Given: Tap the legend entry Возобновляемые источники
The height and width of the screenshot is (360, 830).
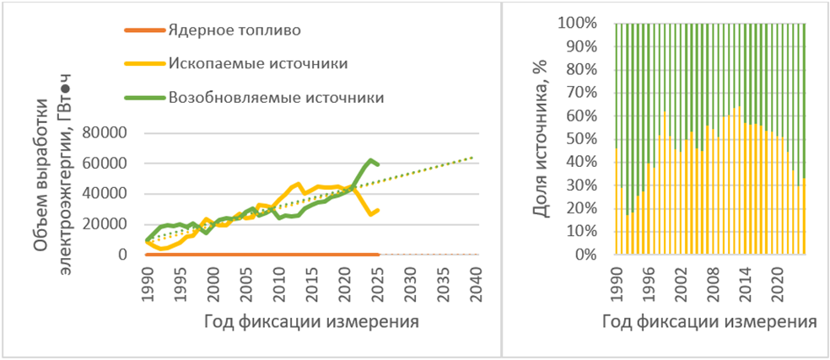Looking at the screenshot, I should pyautogui.click(x=277, y=97).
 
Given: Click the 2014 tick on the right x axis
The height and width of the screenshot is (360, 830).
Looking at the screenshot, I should pyautogui.click(x=745, y=279).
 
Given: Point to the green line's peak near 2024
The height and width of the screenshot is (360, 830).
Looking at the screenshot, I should pyautogui.click(x=370, y=159).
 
